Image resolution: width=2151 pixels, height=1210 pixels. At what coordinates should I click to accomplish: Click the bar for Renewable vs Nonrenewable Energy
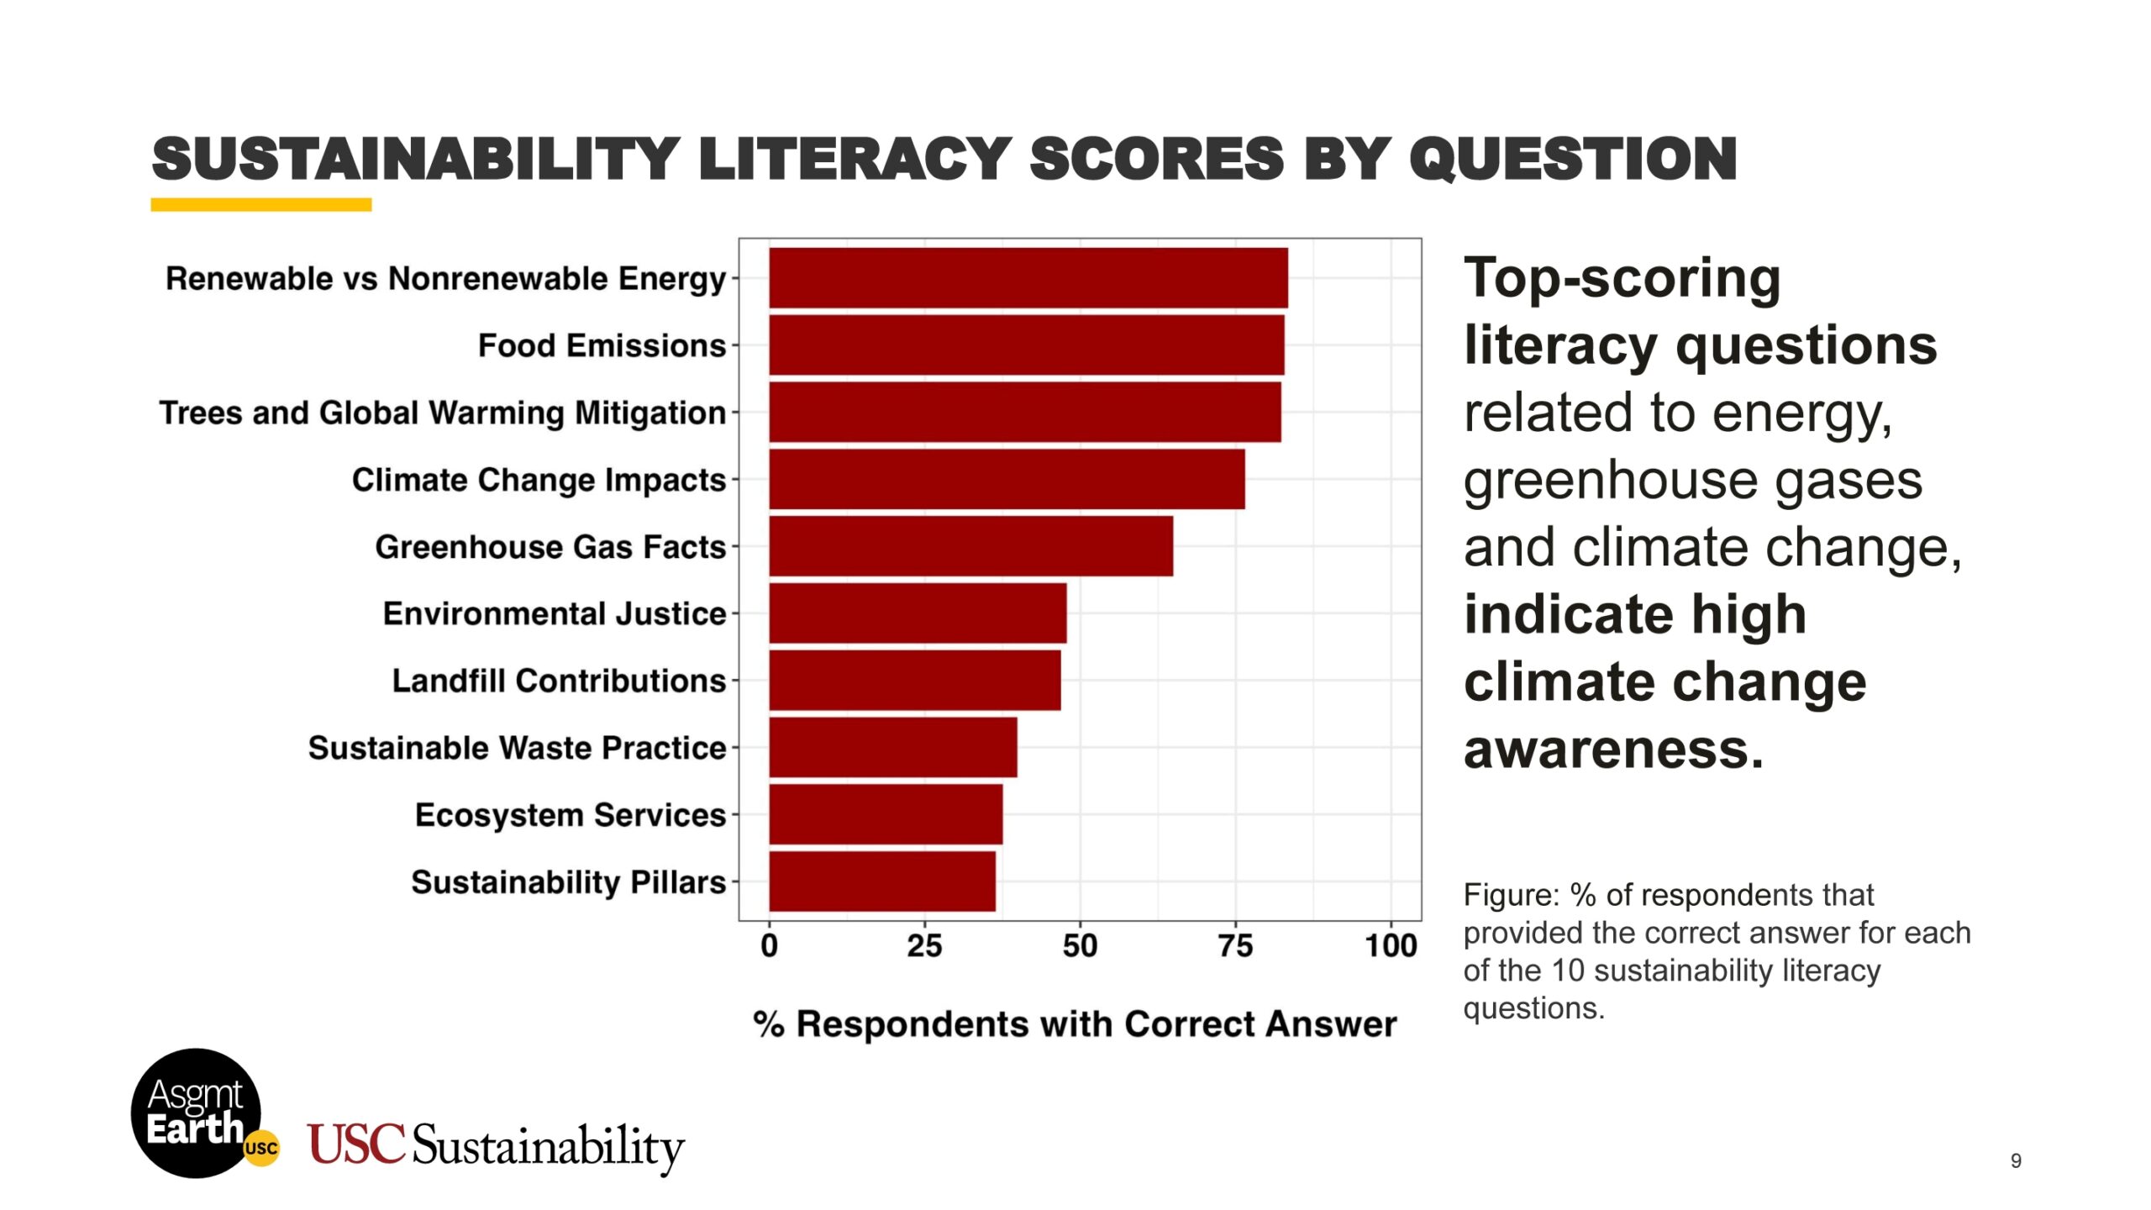point(1028,278)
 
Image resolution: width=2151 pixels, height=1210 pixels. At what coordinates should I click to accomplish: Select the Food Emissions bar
point(1026,345)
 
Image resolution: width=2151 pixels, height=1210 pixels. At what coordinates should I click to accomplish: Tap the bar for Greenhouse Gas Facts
point(970,546)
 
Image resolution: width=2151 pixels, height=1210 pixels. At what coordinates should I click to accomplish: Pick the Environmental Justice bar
point(918,613)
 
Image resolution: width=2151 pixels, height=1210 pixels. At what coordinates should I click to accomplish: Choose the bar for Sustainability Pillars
point(882,881)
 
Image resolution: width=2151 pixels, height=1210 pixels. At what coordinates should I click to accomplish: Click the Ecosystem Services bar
point(886,814)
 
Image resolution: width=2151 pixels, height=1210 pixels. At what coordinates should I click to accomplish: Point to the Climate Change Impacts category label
point(539,480)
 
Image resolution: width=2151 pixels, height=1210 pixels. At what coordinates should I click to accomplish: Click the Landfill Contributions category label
point(559,681)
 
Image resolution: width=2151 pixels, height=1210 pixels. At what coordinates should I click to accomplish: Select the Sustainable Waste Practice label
point(517,748)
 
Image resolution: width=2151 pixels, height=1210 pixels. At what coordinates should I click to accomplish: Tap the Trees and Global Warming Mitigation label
point(443,413)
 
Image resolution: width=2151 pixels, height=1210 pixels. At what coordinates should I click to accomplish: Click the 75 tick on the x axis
point(1235,946)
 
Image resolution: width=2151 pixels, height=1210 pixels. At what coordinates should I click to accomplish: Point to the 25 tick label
point(924,946)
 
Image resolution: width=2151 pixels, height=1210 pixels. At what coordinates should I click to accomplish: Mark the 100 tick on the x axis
point(1391,946)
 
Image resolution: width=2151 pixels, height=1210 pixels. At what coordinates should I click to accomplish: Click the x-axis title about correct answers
point(1075,1024)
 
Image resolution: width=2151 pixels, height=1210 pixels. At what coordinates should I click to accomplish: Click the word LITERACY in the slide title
point(855,159)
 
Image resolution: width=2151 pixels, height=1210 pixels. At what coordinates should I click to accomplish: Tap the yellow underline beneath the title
point(261,204)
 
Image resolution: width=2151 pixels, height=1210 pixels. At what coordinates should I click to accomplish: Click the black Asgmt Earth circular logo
point(196,1113)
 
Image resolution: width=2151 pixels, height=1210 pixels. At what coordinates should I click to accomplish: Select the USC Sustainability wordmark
point(496,1146)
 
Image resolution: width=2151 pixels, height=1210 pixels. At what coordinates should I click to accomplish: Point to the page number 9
point(2016,1160)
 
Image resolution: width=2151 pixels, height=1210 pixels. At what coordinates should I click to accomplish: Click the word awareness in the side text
point(1612,749)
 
